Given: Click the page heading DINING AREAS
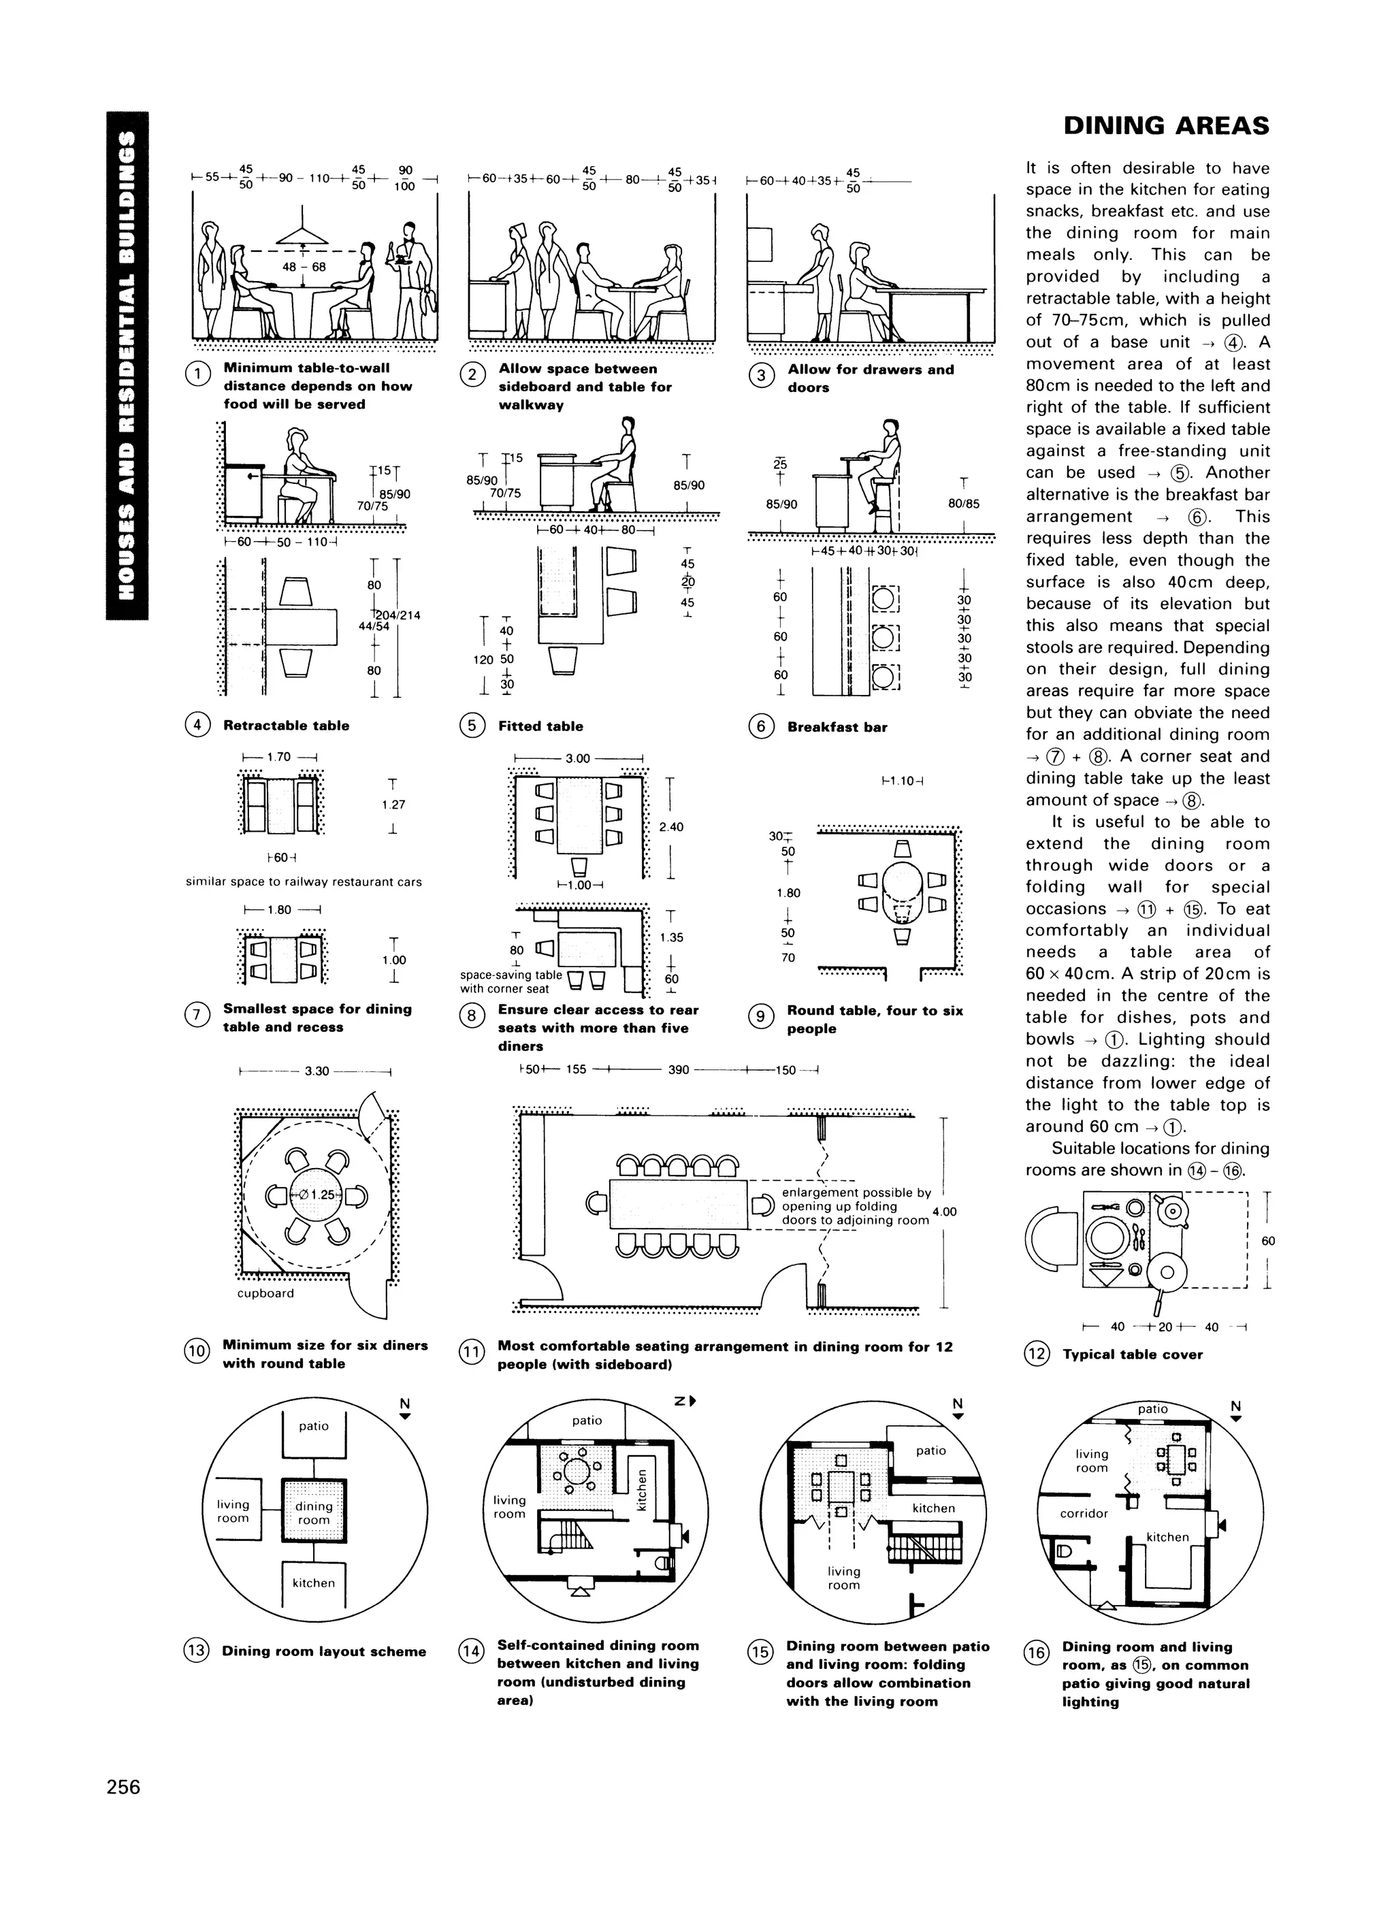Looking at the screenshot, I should tap(1166, 126).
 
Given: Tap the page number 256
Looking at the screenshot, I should tap(123, 1786).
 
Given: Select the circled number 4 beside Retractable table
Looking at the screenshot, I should tap(197, 726).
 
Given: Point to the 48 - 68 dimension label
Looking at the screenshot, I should tap(304, 267).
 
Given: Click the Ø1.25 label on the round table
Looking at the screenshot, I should tap(317, 1195).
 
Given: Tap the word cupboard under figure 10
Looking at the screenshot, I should tap(265, 1293).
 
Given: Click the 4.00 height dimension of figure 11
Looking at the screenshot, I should tap(944, 1212).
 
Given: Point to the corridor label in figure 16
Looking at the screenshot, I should tap(1084, 1513).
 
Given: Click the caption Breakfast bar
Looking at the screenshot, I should tap(837, 727).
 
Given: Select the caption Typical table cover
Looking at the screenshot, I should tap(1132, 1354).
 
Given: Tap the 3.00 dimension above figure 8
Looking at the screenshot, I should tap(577, 759).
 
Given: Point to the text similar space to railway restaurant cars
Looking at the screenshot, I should tap(304, 881).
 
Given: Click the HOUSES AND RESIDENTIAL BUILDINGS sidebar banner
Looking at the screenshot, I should tap(127, 366).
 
